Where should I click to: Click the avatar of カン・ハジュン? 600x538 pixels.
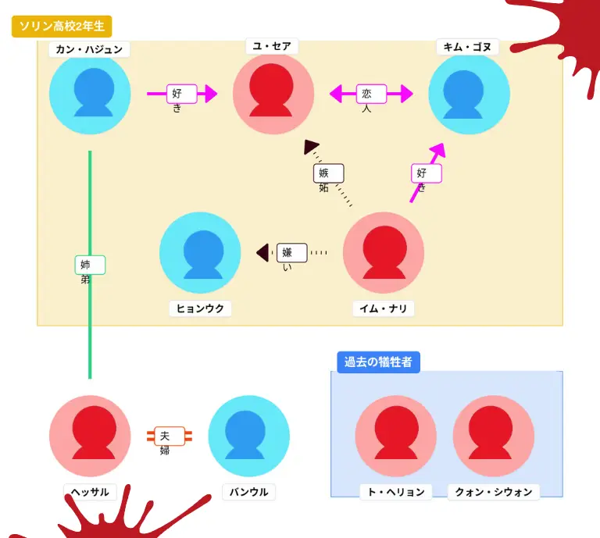tap(90, 94)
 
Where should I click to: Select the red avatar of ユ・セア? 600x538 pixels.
tap(273, 94)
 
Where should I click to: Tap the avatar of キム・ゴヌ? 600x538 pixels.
tap(469, 94)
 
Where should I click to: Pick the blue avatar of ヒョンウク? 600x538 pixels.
tap(200, 253)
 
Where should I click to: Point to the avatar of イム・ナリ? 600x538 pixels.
tap(384, 253)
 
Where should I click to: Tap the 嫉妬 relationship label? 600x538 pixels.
tap(328, 174)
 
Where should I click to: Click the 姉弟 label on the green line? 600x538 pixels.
tap(89, 265)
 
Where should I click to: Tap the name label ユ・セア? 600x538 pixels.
tap(272, 47)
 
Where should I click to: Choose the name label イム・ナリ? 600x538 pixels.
tap(383, 308)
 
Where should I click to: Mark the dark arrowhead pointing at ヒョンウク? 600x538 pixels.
tap(263, 252)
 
